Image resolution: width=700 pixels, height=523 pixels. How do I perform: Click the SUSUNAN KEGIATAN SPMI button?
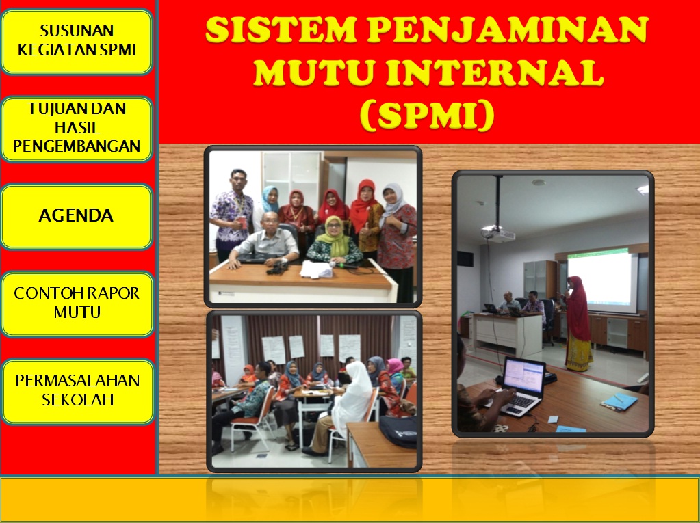(x=77, y=41)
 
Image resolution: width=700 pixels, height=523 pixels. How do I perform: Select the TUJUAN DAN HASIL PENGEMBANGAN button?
(x=77, y=128)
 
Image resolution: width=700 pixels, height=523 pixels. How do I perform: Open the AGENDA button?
(x=77, y=216)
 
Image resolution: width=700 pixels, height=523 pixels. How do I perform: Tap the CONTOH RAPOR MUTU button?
(x=77, y=303)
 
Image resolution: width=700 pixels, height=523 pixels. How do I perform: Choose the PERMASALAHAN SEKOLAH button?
(x=77, y=390)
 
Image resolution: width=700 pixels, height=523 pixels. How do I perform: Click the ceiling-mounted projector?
(x=497, y=233)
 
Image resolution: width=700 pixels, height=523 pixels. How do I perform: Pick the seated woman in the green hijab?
(x=335, y=243)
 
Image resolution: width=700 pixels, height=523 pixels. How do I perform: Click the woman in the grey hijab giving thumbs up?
(x=397, y=226)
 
